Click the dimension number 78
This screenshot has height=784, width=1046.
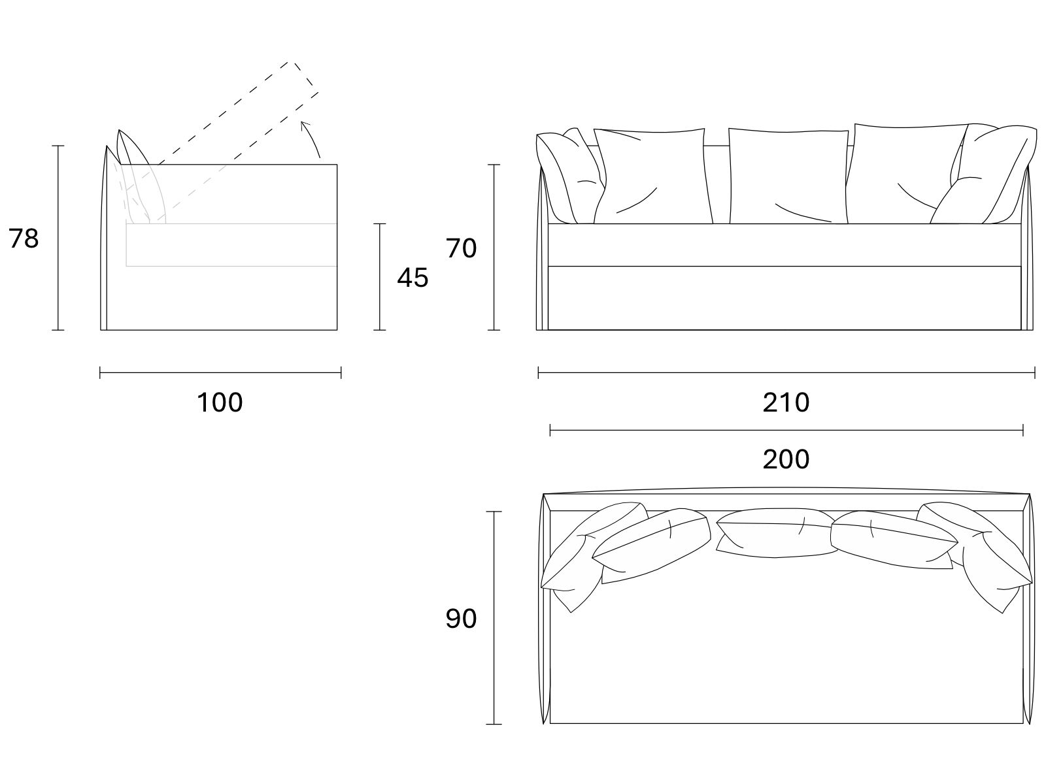(24, 238)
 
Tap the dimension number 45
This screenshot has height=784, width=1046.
(413, 278)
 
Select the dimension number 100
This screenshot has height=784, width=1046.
(220, 402)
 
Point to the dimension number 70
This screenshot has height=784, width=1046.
(461, 248)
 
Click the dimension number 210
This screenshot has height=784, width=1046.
(786, 402)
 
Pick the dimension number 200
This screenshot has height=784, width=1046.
(786, 459)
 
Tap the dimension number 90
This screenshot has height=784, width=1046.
(461, 619)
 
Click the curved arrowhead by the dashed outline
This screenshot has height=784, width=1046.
(305, 125)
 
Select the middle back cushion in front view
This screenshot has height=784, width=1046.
(788, 176)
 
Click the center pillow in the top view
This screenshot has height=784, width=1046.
(776, 532)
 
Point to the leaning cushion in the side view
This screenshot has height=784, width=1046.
(141, 176)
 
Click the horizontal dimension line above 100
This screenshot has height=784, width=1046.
(220, 372)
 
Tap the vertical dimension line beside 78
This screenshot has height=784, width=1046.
(58, 238)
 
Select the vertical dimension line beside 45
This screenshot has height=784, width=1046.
(379, 276)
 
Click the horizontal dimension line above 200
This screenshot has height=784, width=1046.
(786, 431)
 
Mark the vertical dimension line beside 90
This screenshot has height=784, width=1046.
(494, 618)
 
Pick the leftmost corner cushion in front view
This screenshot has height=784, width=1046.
(567, 176)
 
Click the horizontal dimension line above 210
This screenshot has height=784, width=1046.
(786, 372)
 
